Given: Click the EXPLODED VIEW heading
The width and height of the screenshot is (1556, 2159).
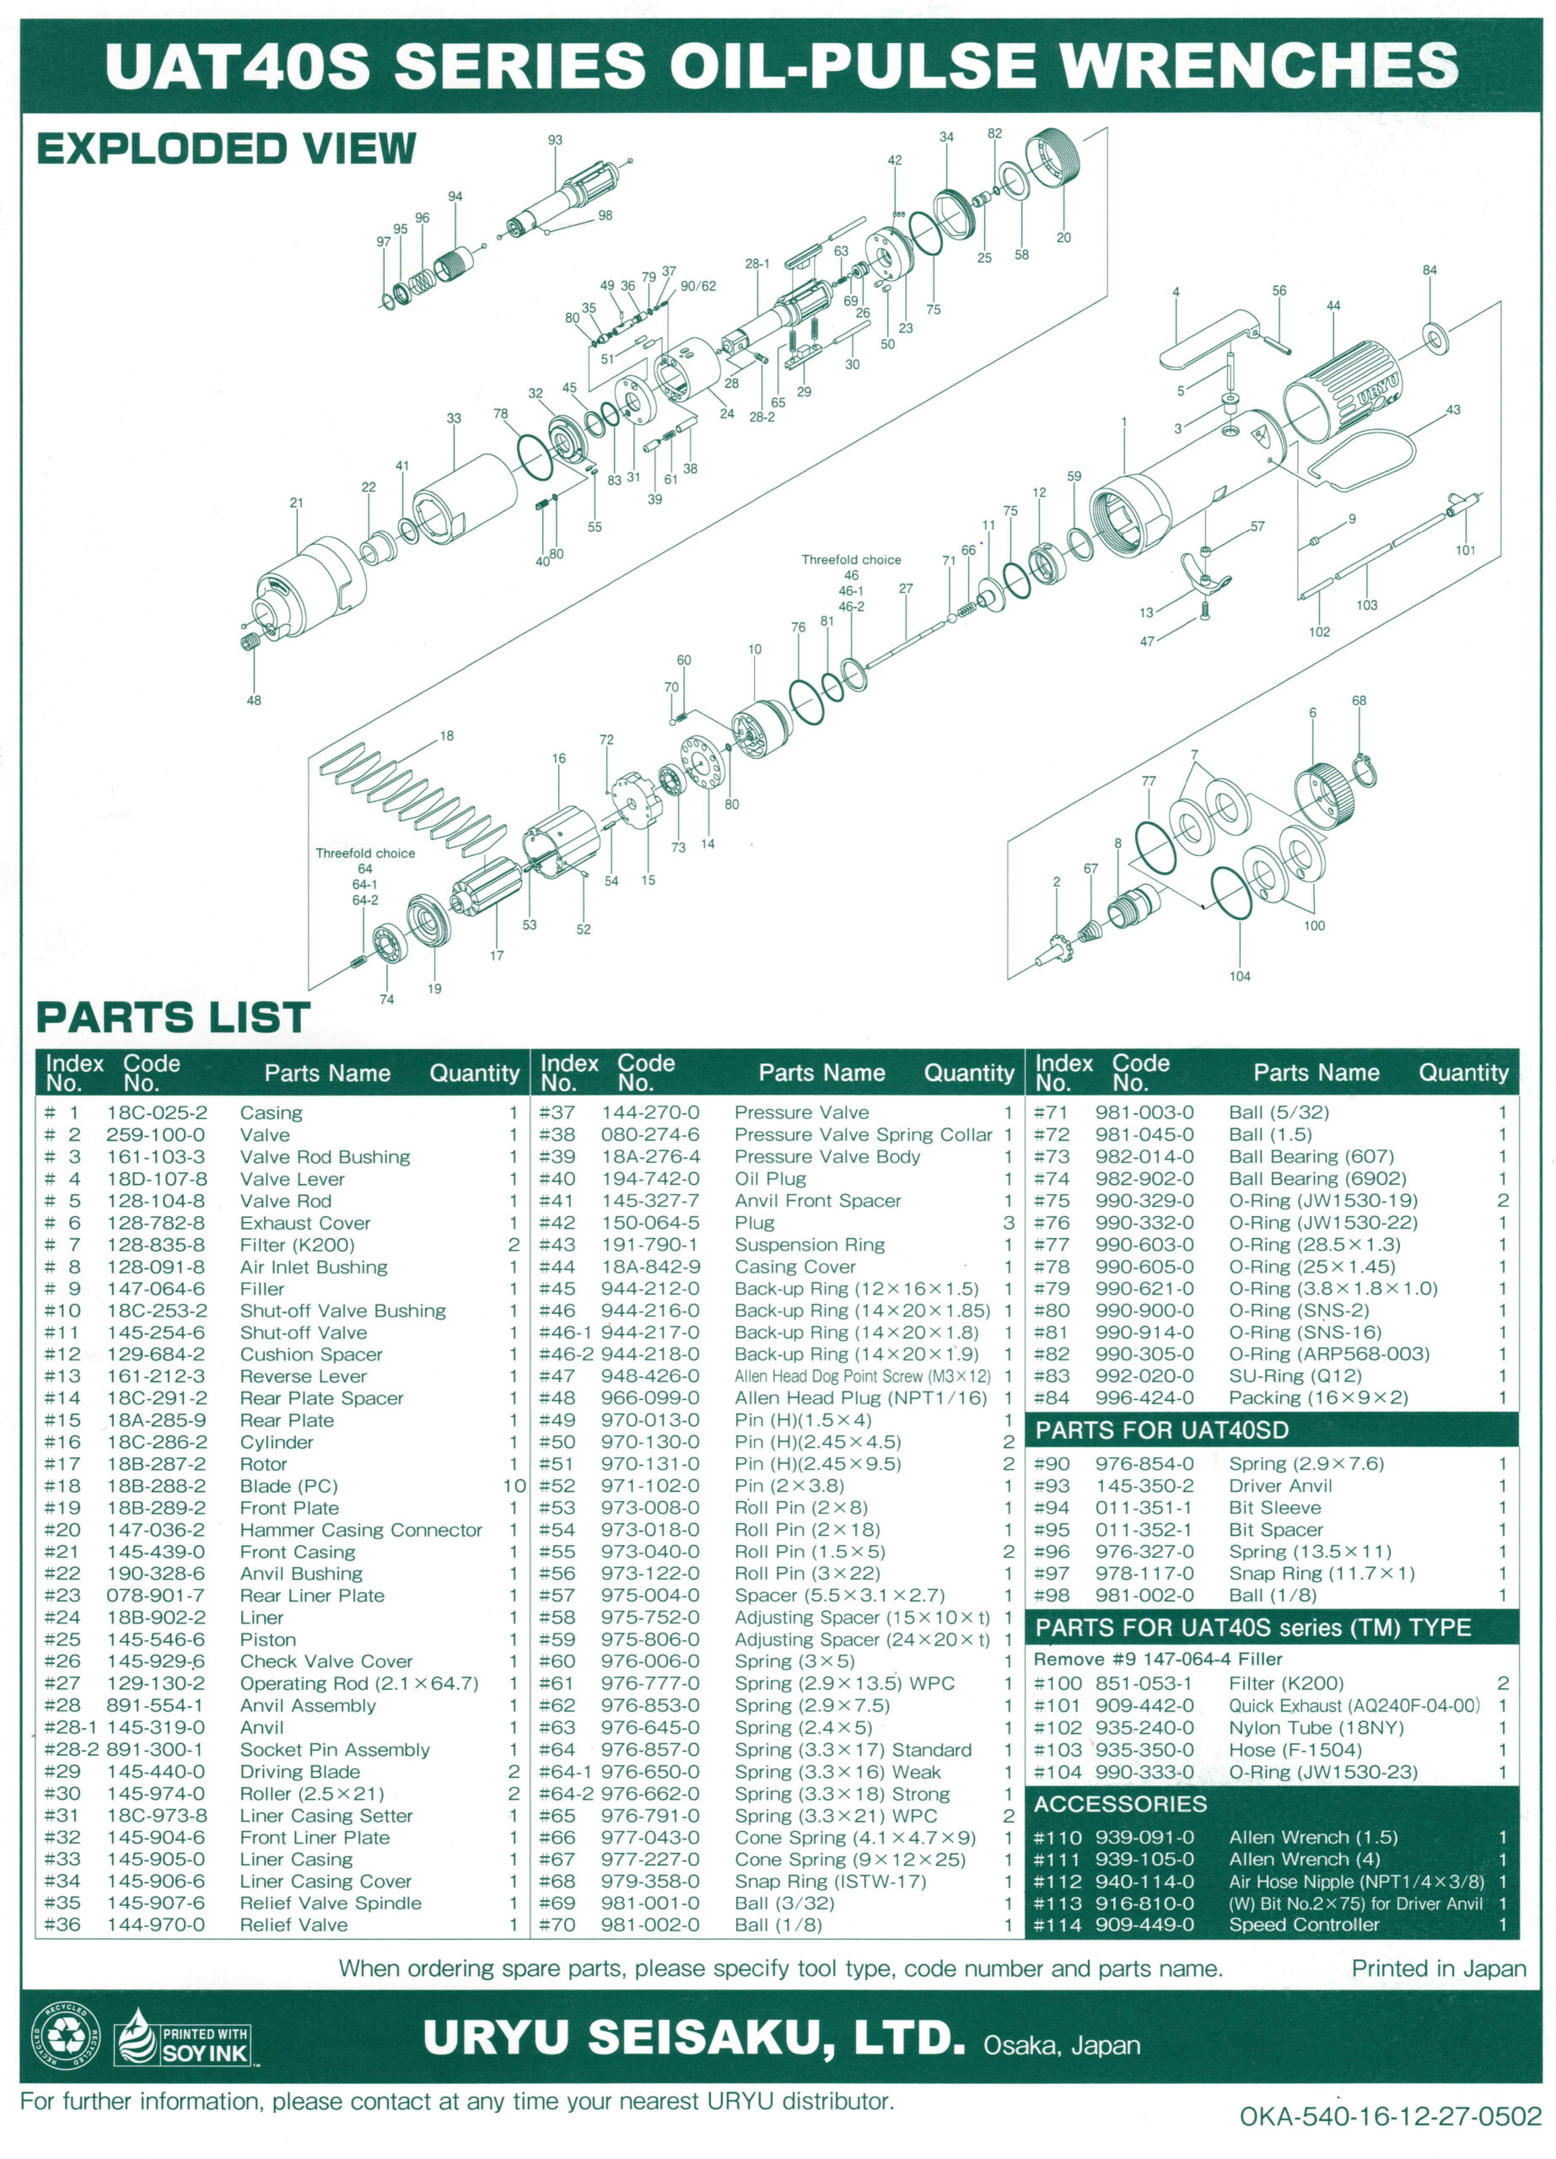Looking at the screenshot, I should coord(227,149).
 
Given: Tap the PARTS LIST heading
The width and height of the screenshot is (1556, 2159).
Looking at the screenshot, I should coord(173,1018).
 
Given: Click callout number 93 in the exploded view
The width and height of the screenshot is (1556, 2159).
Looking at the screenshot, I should coord(555,140).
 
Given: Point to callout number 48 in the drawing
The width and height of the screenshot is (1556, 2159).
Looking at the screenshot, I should coord(254,701).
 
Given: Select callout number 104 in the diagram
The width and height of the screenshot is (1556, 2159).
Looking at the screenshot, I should coord(1239,976).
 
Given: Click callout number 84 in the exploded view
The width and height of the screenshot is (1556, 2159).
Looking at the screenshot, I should coord(1429,271).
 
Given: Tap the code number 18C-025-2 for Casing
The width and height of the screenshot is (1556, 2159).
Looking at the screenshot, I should coord(157,1113).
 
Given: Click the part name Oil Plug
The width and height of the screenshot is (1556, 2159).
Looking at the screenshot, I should coord(770,1178).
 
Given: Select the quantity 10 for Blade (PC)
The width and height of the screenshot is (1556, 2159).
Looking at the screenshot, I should coord(514,1486).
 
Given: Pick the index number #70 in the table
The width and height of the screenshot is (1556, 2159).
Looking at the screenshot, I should coord(557,1925).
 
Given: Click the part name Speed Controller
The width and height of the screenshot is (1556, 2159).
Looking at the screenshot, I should coord(1304,1925).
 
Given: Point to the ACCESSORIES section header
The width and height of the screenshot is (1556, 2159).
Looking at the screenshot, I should coord(1120,1804).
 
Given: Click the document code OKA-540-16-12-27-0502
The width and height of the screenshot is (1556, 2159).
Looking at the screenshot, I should coord(1390,2116).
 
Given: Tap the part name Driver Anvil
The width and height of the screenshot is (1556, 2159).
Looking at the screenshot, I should coord(1280,1486).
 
